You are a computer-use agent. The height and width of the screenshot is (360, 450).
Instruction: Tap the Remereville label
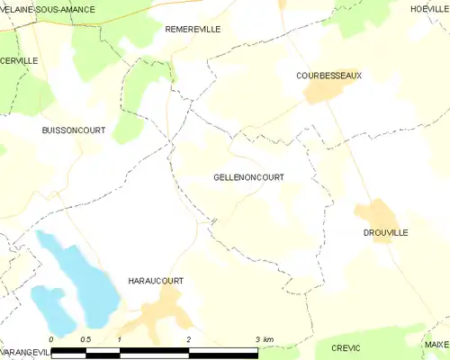193,30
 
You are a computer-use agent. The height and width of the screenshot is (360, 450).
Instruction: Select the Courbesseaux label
328,76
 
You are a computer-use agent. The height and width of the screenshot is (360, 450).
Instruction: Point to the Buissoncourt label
74,130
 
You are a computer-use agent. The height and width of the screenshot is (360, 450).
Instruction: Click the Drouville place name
386,232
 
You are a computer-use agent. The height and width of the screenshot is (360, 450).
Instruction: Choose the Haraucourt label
156,281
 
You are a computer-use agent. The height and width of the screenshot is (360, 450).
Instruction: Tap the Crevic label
345,347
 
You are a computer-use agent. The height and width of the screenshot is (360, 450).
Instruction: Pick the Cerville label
19,60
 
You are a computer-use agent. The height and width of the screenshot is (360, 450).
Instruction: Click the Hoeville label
429,8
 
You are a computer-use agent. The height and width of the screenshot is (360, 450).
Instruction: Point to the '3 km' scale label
264,338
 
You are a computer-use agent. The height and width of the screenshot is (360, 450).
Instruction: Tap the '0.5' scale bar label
85,338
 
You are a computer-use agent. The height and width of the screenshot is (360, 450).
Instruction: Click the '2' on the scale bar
189,338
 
